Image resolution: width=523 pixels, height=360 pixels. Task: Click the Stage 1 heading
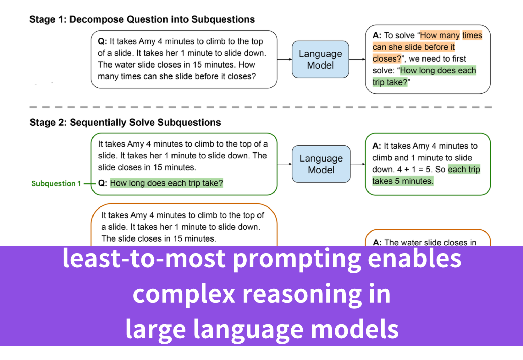[x=142, y=19]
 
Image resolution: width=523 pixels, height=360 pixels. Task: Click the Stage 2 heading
[x=125, y=123]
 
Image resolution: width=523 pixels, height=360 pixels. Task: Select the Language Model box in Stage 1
[x=320, y=59]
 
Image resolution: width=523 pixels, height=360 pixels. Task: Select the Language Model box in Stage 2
[x=321, y=164]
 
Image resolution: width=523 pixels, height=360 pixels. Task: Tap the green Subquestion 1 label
[x=56, y=184]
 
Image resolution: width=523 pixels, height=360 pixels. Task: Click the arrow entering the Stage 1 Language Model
[x=285, y=59]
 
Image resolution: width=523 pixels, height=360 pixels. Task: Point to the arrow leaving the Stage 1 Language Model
[x=357, y=59]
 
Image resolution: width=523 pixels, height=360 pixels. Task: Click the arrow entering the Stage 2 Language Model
[x=285, y=164]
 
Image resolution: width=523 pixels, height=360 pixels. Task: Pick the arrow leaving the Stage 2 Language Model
[x=358, y=164]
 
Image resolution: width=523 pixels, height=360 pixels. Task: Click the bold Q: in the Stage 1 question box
[x=102, y=41]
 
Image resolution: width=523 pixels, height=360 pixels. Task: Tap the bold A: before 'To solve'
[x=377, y=35]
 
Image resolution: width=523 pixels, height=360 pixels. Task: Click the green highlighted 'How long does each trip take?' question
[x=167, y=183]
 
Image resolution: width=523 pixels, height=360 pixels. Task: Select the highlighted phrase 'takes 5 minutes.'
[x=403, y=181]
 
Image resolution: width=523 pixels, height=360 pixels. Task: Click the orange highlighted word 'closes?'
[x=387, y=58]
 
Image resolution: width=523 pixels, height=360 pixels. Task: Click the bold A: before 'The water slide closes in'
[x=377, y=243]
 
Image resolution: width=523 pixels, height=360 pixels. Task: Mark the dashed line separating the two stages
[x=261, y=107]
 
